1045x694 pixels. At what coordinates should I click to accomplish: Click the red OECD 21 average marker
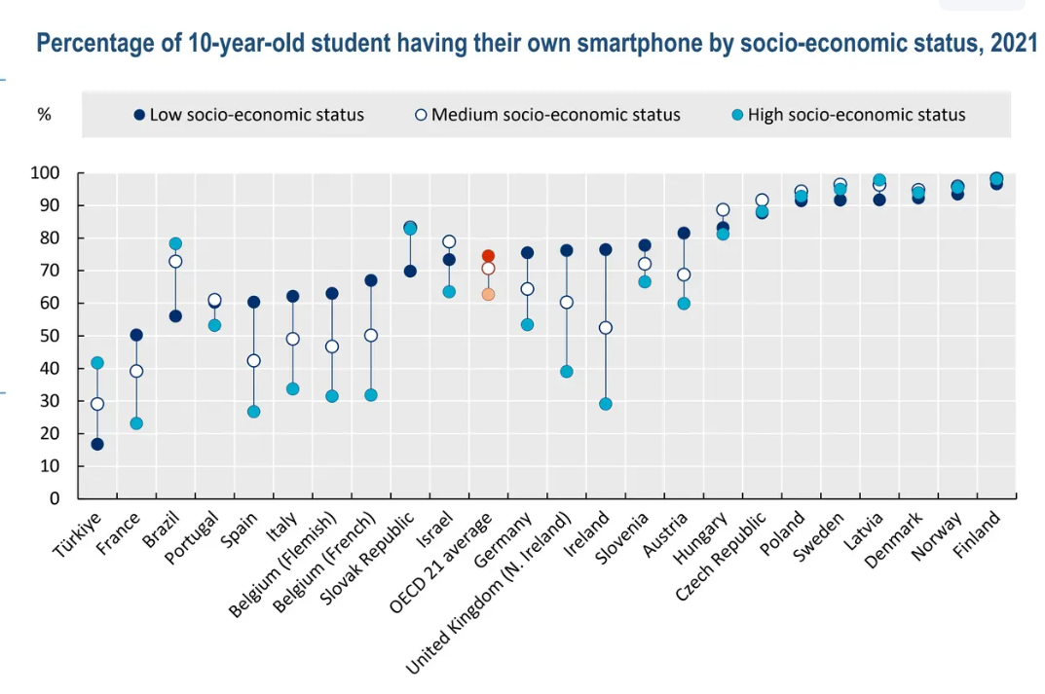488,256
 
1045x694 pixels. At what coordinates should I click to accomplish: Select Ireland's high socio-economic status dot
605,404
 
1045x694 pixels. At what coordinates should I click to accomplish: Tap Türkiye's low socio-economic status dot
97,444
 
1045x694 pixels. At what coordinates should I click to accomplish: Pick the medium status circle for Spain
253,360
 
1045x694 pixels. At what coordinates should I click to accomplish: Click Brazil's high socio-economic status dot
175,243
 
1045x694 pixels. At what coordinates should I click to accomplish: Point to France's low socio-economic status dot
136,335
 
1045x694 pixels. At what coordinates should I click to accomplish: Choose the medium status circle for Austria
684,274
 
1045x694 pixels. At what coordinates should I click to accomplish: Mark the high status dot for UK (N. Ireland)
566,372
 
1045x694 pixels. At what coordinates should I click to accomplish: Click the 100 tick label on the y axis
46,173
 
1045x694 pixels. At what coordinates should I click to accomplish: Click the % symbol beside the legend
44,115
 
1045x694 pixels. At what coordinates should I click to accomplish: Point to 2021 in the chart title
1013,43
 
